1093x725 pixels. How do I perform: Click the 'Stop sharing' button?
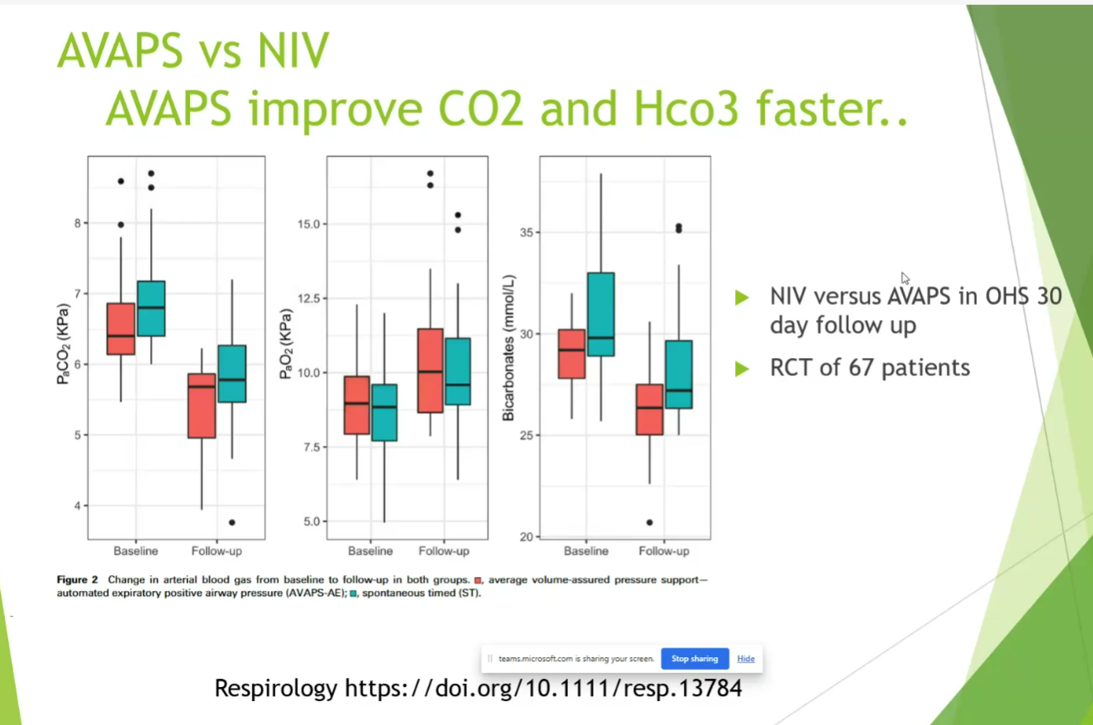click(x=694, y=659)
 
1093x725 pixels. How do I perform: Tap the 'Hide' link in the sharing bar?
click(x=746, y=659)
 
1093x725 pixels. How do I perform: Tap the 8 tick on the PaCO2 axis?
click(x=77, y=223)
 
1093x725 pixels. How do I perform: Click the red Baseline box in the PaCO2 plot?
click(x=122, y=328)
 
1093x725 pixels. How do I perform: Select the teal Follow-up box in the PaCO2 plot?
click(x=232, y=374)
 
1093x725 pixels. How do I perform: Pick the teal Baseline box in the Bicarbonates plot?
click(x=601, y=314)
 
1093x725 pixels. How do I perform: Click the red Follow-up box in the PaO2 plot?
click(x=430, y=370)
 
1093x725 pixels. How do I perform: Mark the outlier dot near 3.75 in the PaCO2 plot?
click(x=231, y=522)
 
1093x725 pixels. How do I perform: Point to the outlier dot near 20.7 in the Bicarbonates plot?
click(x=649, y=522)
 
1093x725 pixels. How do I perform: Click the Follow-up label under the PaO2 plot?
click(x=444, y=551)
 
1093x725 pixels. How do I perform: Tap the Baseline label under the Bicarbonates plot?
click(x=586, y=551)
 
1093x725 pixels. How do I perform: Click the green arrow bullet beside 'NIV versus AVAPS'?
click(x=742, y=297)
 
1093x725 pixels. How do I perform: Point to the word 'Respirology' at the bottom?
click(x=276, y=688)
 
